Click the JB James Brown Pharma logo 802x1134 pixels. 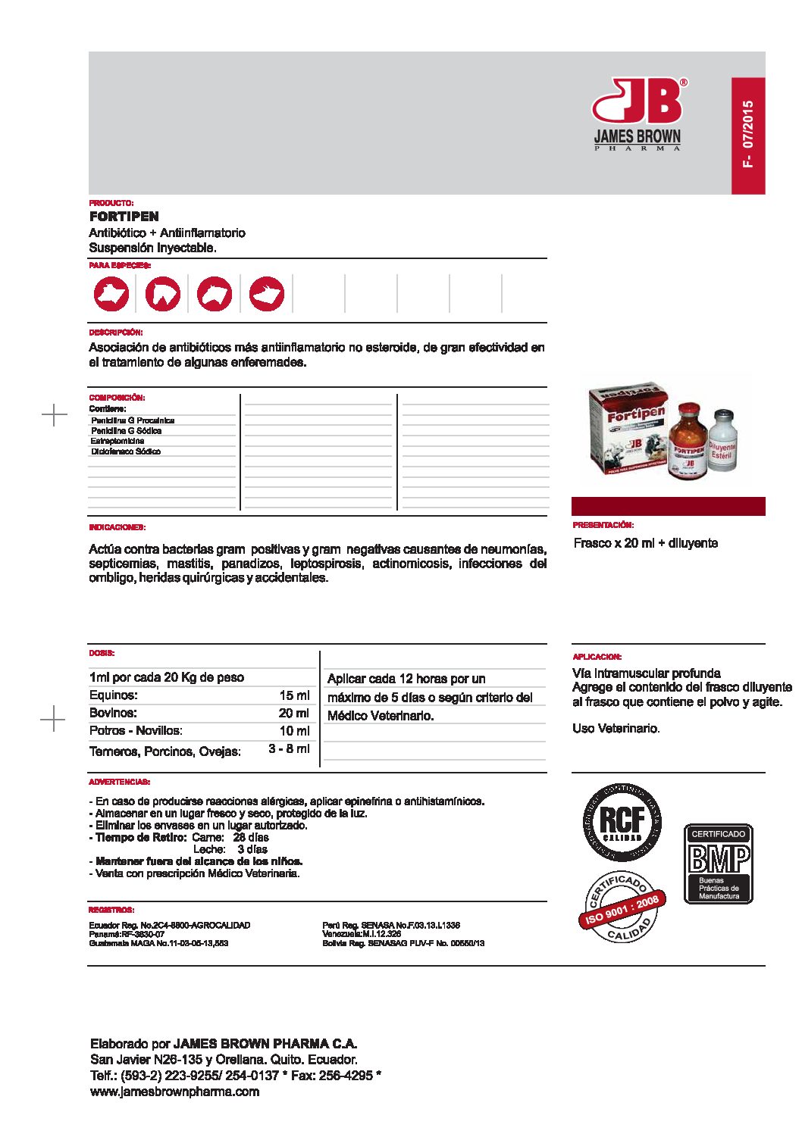click(x=638, y=114)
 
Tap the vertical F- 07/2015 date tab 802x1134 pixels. click(x=747, y=135)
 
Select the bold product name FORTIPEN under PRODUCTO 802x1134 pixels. click(x=124, y=217)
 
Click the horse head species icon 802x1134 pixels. click(x=163, y=294)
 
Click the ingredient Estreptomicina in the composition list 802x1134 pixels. click(x=117, y=441)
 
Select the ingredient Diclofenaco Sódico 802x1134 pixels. click(x=126, y=451)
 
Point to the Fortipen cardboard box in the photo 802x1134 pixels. click(x=628, y=428)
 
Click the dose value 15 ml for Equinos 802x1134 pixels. click(x=294, y=695)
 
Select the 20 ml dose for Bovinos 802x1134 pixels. click(x=294, y=713)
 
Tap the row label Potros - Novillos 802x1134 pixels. click(x=136, y=731)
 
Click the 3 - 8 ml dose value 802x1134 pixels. click(x=289, y=749)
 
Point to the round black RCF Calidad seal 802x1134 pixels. click(x=622, y=823)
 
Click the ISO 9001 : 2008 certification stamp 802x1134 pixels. click(x=623, y=907)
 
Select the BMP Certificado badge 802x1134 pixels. click(x=718, y=864)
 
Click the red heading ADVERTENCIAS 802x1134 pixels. click(x=119, y=782)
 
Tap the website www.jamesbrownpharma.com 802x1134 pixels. click(x=174, y=1092)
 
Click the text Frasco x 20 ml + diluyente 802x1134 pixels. click(x=645, y=543)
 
